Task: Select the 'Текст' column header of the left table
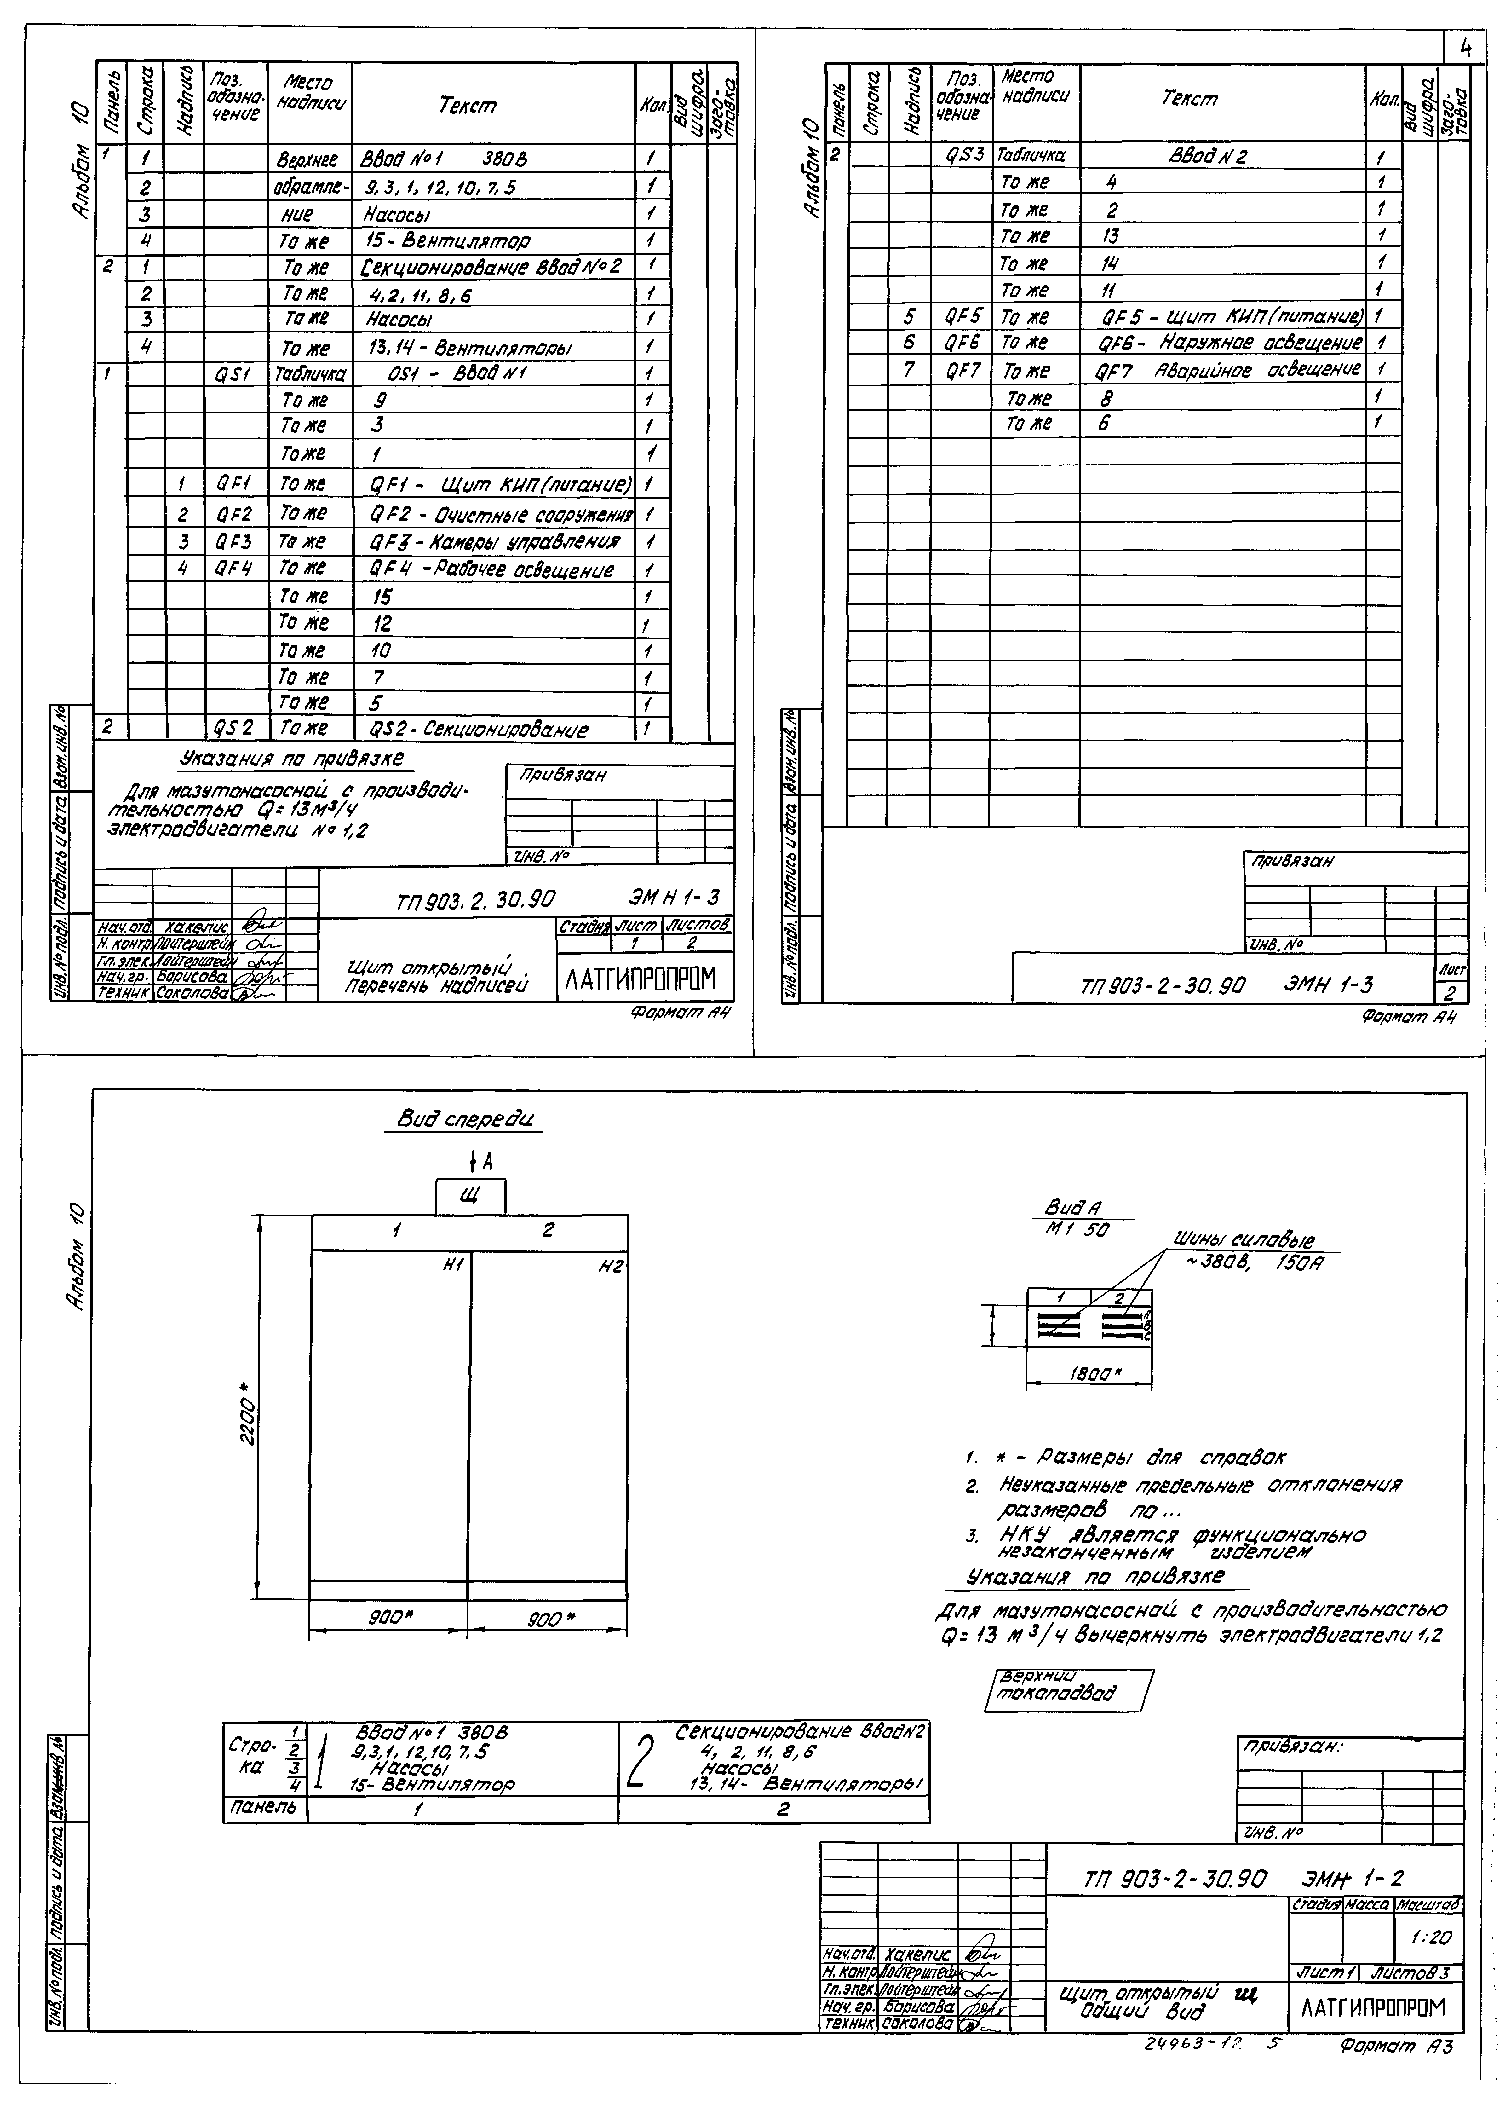pos(468,106)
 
